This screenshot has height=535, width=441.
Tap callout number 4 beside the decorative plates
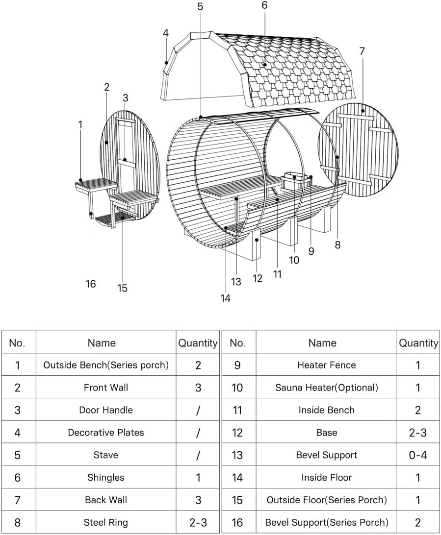coord(166,33)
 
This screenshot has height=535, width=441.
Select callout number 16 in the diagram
coord(91,284)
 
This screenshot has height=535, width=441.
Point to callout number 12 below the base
coord(258,278)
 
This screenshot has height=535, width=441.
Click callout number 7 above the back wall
coord(363,51)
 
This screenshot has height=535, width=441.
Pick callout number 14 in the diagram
coord(225,298)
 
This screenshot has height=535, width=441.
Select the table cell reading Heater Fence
coord(326,365)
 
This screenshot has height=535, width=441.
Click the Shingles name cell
coord(106,477)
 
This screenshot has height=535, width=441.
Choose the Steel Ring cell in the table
coord(106,522)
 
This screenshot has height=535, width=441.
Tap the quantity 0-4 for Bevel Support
coord(418,455)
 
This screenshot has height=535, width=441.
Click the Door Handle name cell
coord(106,410)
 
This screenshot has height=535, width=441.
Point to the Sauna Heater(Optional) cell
coord(326,388)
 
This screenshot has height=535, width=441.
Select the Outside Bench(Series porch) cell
coord(106,365)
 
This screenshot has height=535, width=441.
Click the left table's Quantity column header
coord(198,343)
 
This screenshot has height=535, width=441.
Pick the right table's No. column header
coord(238,343)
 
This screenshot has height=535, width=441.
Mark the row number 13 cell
coord(238,455)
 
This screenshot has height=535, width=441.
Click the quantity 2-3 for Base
coord(418,433)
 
